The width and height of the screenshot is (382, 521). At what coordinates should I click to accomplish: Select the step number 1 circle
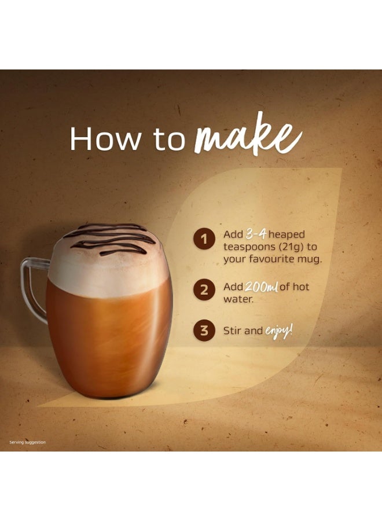point(203,239)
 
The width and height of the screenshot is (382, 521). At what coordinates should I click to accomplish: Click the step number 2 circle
point(203,290)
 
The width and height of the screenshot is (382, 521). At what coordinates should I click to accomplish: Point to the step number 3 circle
point(203,331)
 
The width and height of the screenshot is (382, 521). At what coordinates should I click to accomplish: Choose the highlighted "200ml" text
point(261,287)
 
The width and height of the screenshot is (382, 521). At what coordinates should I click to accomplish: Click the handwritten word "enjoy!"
point(279,331)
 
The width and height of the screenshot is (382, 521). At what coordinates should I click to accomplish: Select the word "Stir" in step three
point(233,332)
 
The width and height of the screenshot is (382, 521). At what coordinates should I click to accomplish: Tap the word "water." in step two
point(238,300)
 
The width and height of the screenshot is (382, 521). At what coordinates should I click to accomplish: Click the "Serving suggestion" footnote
point(27,442)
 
